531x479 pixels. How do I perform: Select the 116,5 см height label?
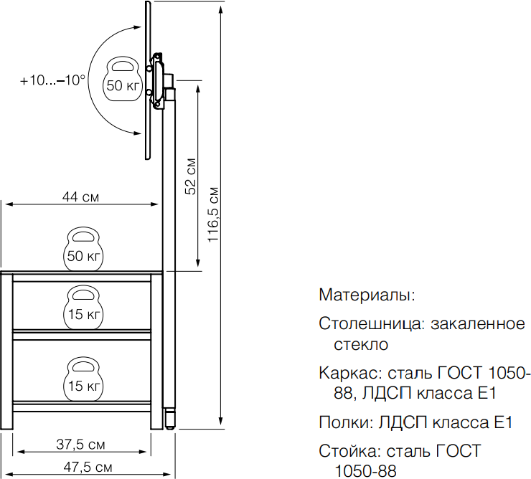(x=214, y=214)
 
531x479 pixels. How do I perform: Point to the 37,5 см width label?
(x=80, y=445)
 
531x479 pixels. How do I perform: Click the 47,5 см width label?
(x=88, y=467)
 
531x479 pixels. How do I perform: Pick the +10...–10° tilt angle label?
(x=53, y=80)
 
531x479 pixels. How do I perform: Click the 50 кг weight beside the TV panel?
(x=122, y=79)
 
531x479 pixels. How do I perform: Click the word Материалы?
(x=366, y=295)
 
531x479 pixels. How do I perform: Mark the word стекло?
(x=361, y=344)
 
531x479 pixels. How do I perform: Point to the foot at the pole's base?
(x=169, y=418)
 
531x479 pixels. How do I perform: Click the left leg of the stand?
(x=6, y=351)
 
